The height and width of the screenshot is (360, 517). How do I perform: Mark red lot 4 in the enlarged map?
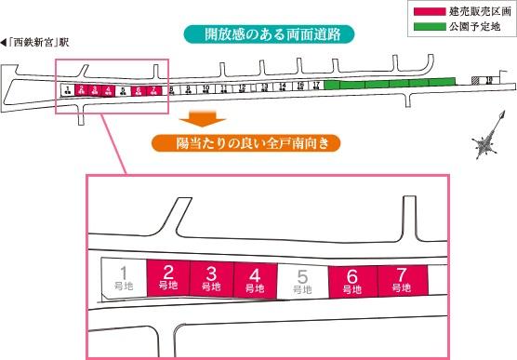[x=254, y=280]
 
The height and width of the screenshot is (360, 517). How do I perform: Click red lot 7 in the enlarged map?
[x=401, y=281]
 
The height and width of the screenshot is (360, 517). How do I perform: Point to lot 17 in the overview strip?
[x=317, y=86]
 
